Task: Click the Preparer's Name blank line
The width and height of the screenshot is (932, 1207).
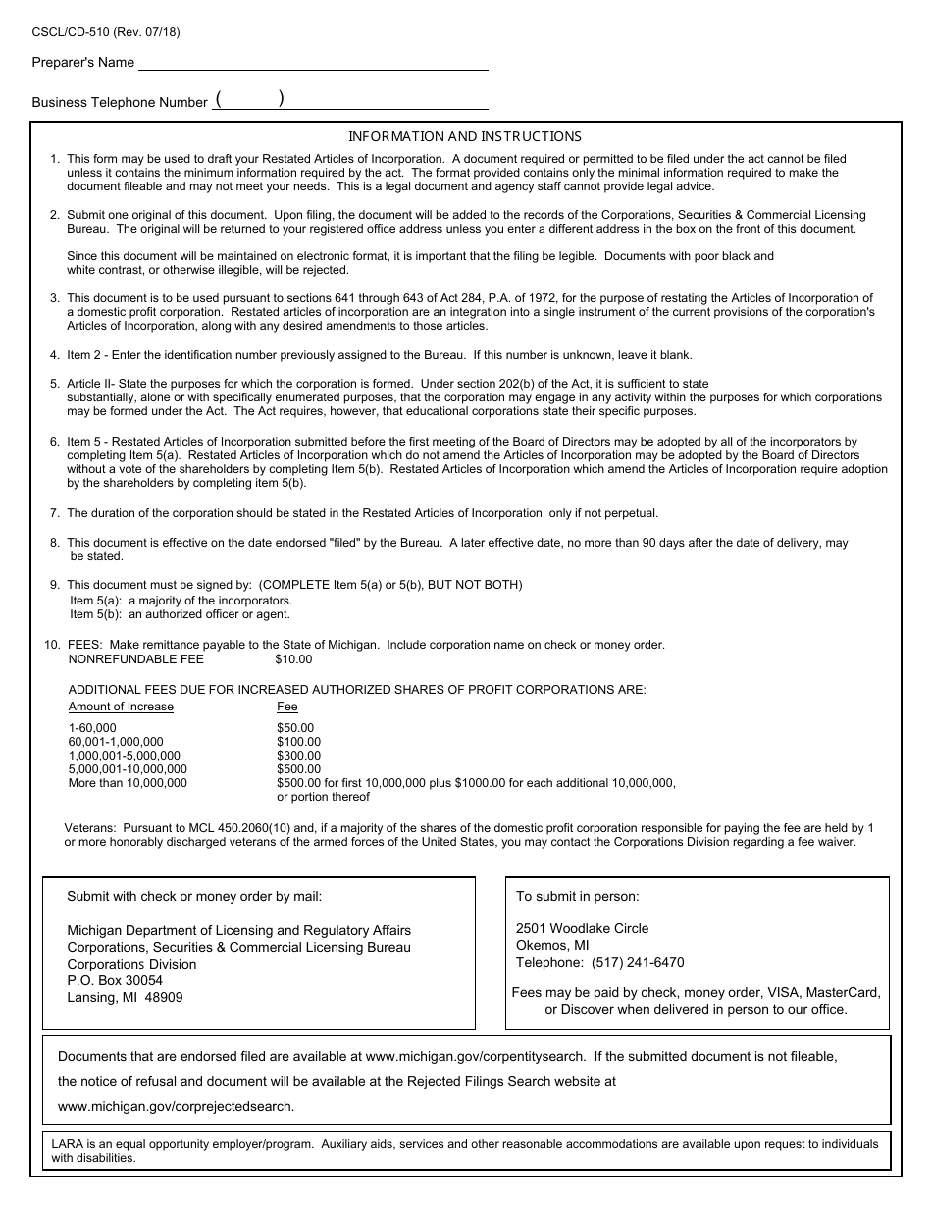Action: point(313,63)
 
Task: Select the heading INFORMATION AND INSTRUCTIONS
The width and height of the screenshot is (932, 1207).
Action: point(465,137)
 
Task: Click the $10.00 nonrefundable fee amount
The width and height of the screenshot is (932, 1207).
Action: point(293,659)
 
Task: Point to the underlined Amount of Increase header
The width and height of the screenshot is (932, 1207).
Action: point(121,707)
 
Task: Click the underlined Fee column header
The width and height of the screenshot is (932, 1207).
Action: point(287,707)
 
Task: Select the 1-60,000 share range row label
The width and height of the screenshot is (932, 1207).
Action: point(92,728)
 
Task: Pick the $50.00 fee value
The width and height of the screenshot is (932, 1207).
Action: point(295,728)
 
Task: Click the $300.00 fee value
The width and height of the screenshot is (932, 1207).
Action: point(298,756)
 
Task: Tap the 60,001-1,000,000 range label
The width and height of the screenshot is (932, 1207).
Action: point(116,742)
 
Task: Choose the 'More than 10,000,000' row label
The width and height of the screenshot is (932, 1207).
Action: point(128,783)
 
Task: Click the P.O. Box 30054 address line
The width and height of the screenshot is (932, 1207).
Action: point(115,980)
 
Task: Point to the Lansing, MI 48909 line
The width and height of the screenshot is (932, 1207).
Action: point(125,997)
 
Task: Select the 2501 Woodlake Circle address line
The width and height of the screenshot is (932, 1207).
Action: point(582,928)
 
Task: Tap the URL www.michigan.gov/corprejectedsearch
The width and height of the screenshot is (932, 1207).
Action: point(176,1106)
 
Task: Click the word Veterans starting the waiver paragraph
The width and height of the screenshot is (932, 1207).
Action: point(90,828)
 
